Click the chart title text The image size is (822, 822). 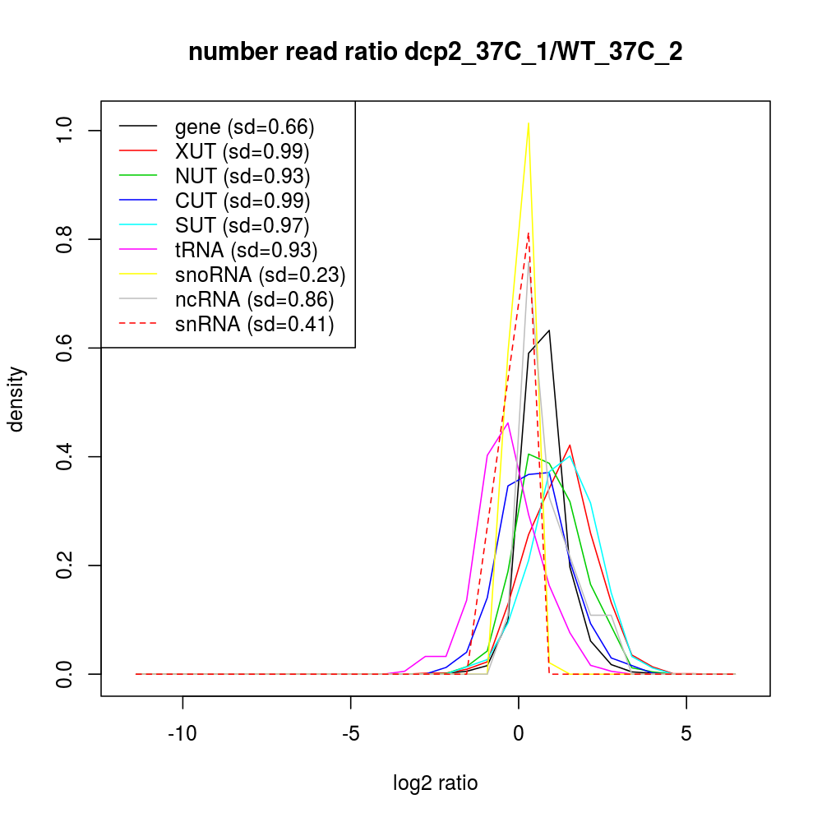click(436, 52)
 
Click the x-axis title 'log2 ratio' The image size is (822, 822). click(436, 783)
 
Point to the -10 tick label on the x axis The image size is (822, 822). click(182, 733)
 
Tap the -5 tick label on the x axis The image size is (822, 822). click(350, 733)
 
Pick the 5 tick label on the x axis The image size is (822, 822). click(686, 733)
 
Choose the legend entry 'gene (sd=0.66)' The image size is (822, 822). click(245, 127)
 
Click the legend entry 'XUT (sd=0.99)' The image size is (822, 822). click(242, 152)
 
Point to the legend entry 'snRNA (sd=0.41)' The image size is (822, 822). click(254, 325)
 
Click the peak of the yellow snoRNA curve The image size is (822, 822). click(528, 123)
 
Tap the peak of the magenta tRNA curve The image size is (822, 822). click(508, 423)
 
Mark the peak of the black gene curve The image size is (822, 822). click(549, 330)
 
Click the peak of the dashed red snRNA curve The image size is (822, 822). click(528, 233)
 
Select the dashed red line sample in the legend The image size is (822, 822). click(138, 325)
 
